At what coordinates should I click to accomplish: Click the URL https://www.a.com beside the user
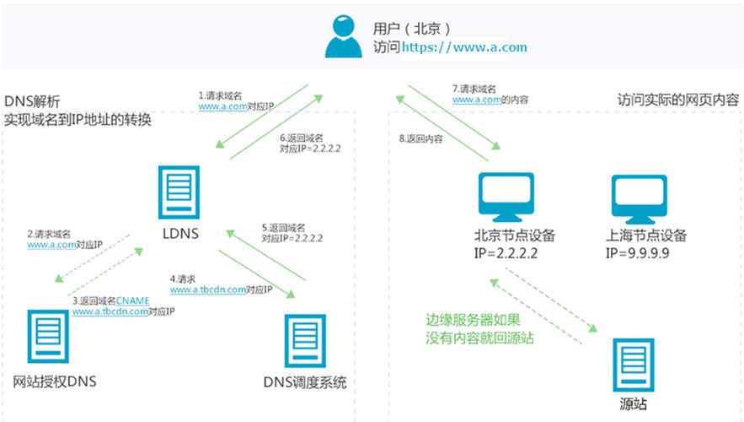click(x=464, y=47)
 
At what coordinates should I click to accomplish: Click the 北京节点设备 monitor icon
click(x=503, y=196)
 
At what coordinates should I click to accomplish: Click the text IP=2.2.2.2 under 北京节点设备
click(x=505, y=252)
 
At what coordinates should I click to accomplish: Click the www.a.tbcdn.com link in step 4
click(x=207, y=289)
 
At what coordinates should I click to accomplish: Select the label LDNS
click(x=178, y=233)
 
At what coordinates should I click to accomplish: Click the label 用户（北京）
click(x=413, y=28)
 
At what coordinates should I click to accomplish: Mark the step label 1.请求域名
click(x=222, y=96)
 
